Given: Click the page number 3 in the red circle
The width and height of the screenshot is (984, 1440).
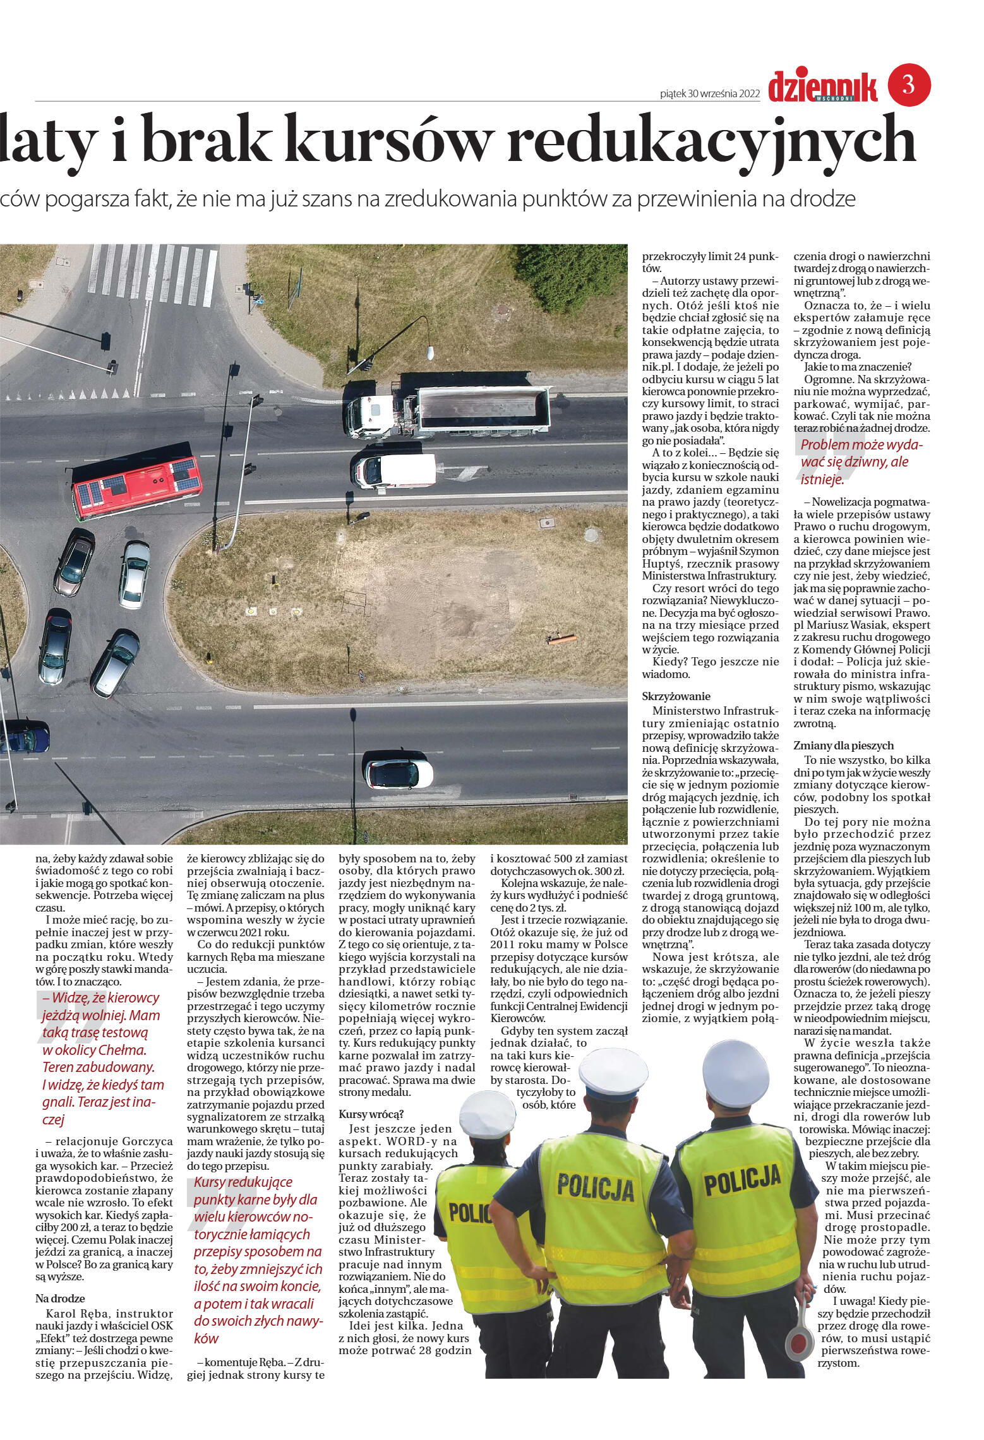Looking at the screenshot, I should (909, 85).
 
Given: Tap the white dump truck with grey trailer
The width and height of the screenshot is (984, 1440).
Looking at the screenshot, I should (448, 411).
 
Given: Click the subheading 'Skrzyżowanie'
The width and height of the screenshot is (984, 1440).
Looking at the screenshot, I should (676, 697).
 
